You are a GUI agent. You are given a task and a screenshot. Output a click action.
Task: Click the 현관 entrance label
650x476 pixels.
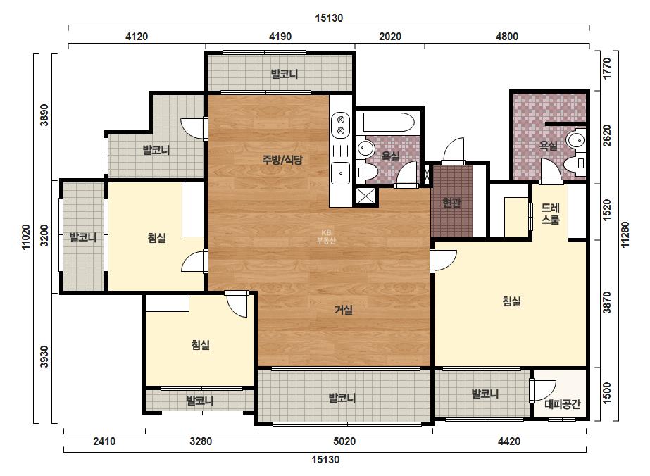click(x=451, y=203)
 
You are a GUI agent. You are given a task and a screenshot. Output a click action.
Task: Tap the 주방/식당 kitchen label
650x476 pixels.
click(x=282, y=160)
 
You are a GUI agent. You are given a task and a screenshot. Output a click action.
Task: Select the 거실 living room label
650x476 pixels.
click(x=344, y=309)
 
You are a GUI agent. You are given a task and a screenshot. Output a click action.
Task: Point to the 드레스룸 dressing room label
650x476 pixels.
click(x=550, y=213)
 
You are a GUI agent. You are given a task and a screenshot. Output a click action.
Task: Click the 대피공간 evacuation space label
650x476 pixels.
click(x=562, y=404)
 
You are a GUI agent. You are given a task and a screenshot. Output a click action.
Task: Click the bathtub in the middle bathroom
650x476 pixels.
click(x=389, y=123)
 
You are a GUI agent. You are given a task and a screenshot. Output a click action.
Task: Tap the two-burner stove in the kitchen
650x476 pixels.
click(x=341, y=125)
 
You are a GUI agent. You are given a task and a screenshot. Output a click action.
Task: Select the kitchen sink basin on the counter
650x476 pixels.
click(x=340, y=173)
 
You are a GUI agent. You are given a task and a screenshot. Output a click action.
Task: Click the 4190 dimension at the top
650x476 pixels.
click(x=280, y=37)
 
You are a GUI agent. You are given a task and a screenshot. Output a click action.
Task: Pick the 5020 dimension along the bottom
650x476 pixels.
click(x=344, y=441)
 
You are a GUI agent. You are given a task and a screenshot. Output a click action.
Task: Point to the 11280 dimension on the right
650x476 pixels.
click(x=625, y=234)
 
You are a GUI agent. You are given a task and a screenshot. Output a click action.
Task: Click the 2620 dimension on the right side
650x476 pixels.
click(x=606, y=136)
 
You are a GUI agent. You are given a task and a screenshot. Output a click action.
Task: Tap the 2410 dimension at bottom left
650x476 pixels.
click(x=104, y=441)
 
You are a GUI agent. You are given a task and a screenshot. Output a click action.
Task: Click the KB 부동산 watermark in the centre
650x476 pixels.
click(x=326, y=237)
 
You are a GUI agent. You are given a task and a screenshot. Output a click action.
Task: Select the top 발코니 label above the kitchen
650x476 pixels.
click(x=285, y=74)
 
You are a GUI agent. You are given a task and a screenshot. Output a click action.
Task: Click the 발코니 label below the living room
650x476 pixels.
click(x=342, y=398)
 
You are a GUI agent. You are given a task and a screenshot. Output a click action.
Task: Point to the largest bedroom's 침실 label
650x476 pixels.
click(x=511, y=301)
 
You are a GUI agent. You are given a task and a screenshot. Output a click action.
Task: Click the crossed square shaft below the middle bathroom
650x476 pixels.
click(x=365, y=196)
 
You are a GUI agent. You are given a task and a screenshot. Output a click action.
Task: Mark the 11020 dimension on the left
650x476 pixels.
click(x=25, y=237)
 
